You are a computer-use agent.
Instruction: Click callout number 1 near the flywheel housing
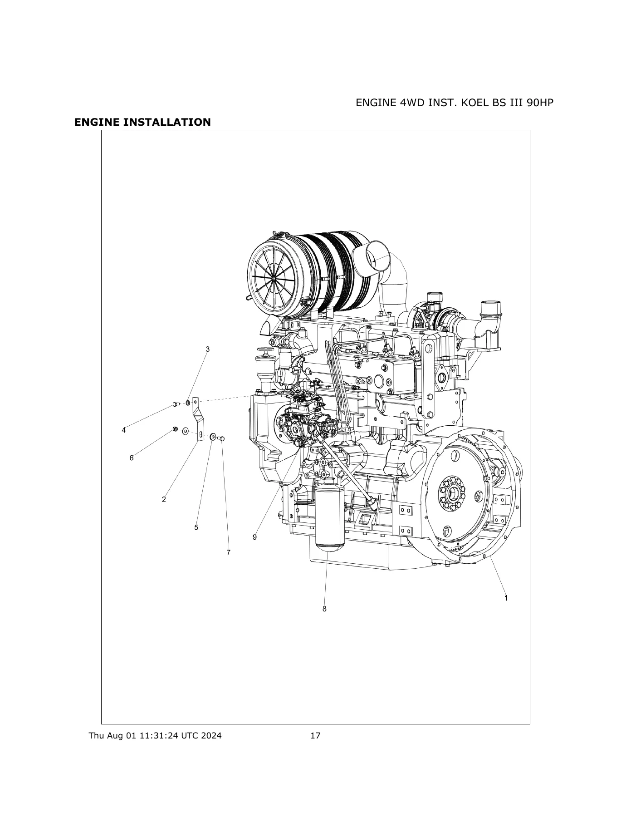point(506,598)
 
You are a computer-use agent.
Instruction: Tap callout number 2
point(164,499)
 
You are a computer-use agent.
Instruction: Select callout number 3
point(208,349)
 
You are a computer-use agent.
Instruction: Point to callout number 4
point(123,430)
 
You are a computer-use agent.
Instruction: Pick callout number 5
point(196,527)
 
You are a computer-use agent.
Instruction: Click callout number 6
point(132,458)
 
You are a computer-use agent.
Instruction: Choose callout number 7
point(228,552)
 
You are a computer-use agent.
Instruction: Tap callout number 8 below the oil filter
point(324,609)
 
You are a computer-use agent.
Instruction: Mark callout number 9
point(254,537)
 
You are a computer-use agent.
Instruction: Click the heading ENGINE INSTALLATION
point(142,122)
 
